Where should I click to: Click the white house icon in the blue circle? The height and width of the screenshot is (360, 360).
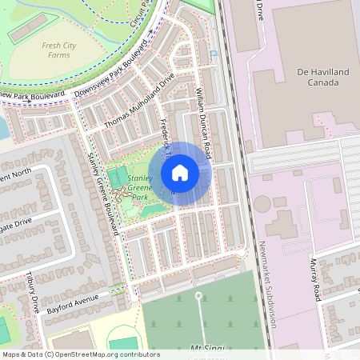180,174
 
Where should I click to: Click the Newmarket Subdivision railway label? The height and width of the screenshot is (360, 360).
267,284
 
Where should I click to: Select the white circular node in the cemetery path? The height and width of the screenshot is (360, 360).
198,296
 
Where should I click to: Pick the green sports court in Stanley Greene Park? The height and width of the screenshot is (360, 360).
117,177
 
